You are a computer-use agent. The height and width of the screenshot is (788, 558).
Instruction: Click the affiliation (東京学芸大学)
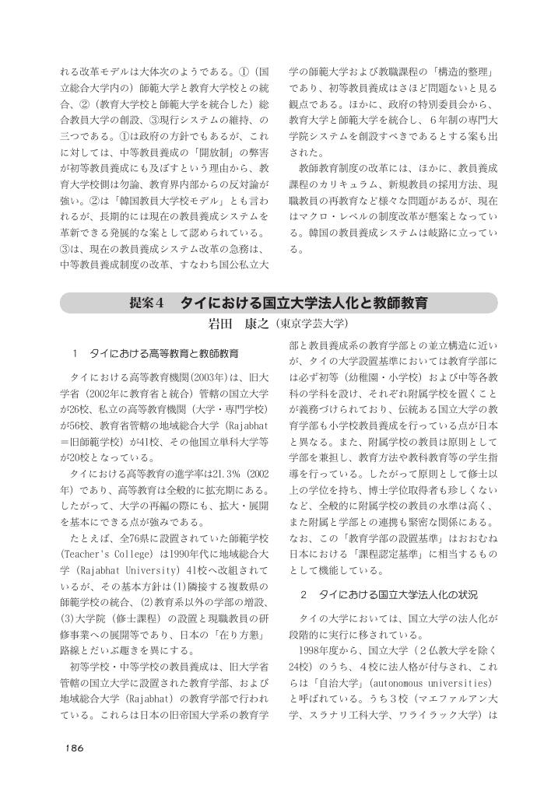(x=310, y=323)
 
